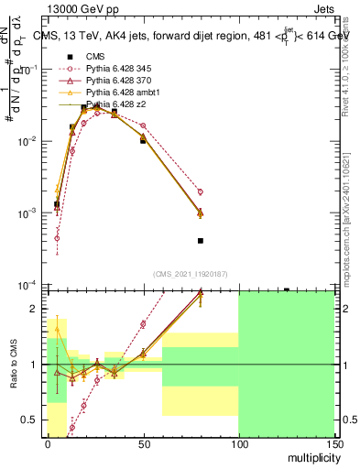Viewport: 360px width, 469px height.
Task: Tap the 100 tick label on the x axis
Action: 238,443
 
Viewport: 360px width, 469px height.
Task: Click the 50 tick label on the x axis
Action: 143,443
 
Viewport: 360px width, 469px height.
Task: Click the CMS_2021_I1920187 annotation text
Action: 190,273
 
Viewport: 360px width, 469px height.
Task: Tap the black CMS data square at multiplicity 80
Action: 200,241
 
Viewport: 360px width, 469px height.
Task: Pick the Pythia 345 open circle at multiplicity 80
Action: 200,191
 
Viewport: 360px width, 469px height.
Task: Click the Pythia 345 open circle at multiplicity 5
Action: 57,238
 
